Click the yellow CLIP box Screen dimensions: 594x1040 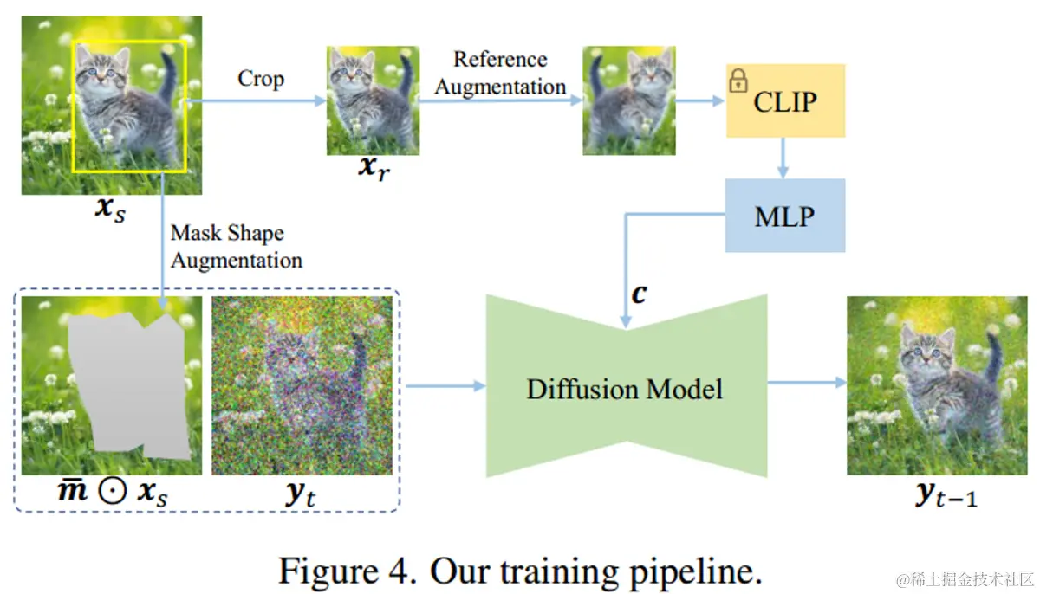[784, 100]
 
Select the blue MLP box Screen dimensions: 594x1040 [784, 215]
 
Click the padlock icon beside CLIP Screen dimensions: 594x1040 [738, 81]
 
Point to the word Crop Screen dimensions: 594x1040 [260, 79]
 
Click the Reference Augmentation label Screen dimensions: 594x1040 [500, 73]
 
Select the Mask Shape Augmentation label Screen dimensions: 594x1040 [236, 247]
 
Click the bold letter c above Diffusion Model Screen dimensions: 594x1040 [639, 294]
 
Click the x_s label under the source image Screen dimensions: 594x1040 [108, 209]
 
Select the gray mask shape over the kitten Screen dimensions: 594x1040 [130, 385]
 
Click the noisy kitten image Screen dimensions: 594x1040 [302, 385]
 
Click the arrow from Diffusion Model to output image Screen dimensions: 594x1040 [806, 383]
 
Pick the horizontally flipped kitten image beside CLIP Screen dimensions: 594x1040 [628, 100]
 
